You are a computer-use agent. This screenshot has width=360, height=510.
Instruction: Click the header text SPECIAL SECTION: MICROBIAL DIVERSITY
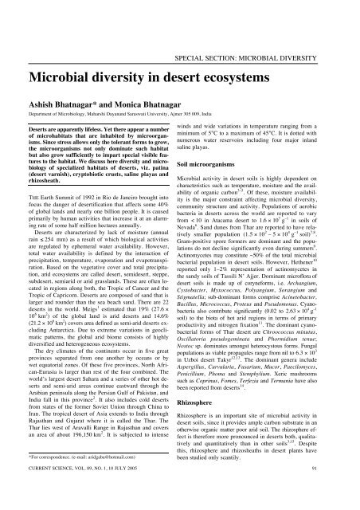268,13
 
